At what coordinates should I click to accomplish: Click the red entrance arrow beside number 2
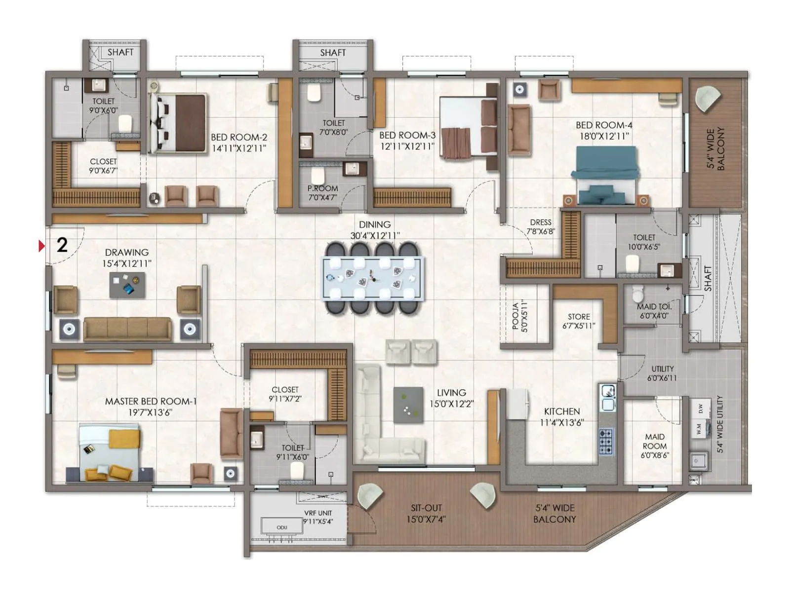(42, 246)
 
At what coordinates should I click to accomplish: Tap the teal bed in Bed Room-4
(604, 175)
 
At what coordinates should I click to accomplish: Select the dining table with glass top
(374, 278)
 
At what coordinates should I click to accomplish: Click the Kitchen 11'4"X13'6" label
(562, 417)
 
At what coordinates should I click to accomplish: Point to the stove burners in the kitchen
(606, 441)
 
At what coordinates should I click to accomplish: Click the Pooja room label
(519, 316)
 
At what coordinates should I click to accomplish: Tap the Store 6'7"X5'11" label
(579, 321)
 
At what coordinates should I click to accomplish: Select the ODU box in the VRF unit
(282, 527)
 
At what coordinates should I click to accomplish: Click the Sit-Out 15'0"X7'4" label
(426, 513)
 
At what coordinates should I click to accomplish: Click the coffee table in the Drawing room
(127, 285)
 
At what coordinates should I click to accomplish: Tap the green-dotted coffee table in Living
(408, 405)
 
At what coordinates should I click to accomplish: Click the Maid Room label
(655, 446)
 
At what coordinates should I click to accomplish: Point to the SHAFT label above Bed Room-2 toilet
(120, 52)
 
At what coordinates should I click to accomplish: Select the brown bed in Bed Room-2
(178, 123)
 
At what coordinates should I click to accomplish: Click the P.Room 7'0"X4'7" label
(323, 193)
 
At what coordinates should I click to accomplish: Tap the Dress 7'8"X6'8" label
(541, 226)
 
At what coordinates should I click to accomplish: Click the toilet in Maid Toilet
(638, 295)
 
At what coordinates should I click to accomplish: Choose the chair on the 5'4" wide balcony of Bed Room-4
(707, 99)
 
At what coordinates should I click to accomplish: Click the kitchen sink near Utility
(608, 397)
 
